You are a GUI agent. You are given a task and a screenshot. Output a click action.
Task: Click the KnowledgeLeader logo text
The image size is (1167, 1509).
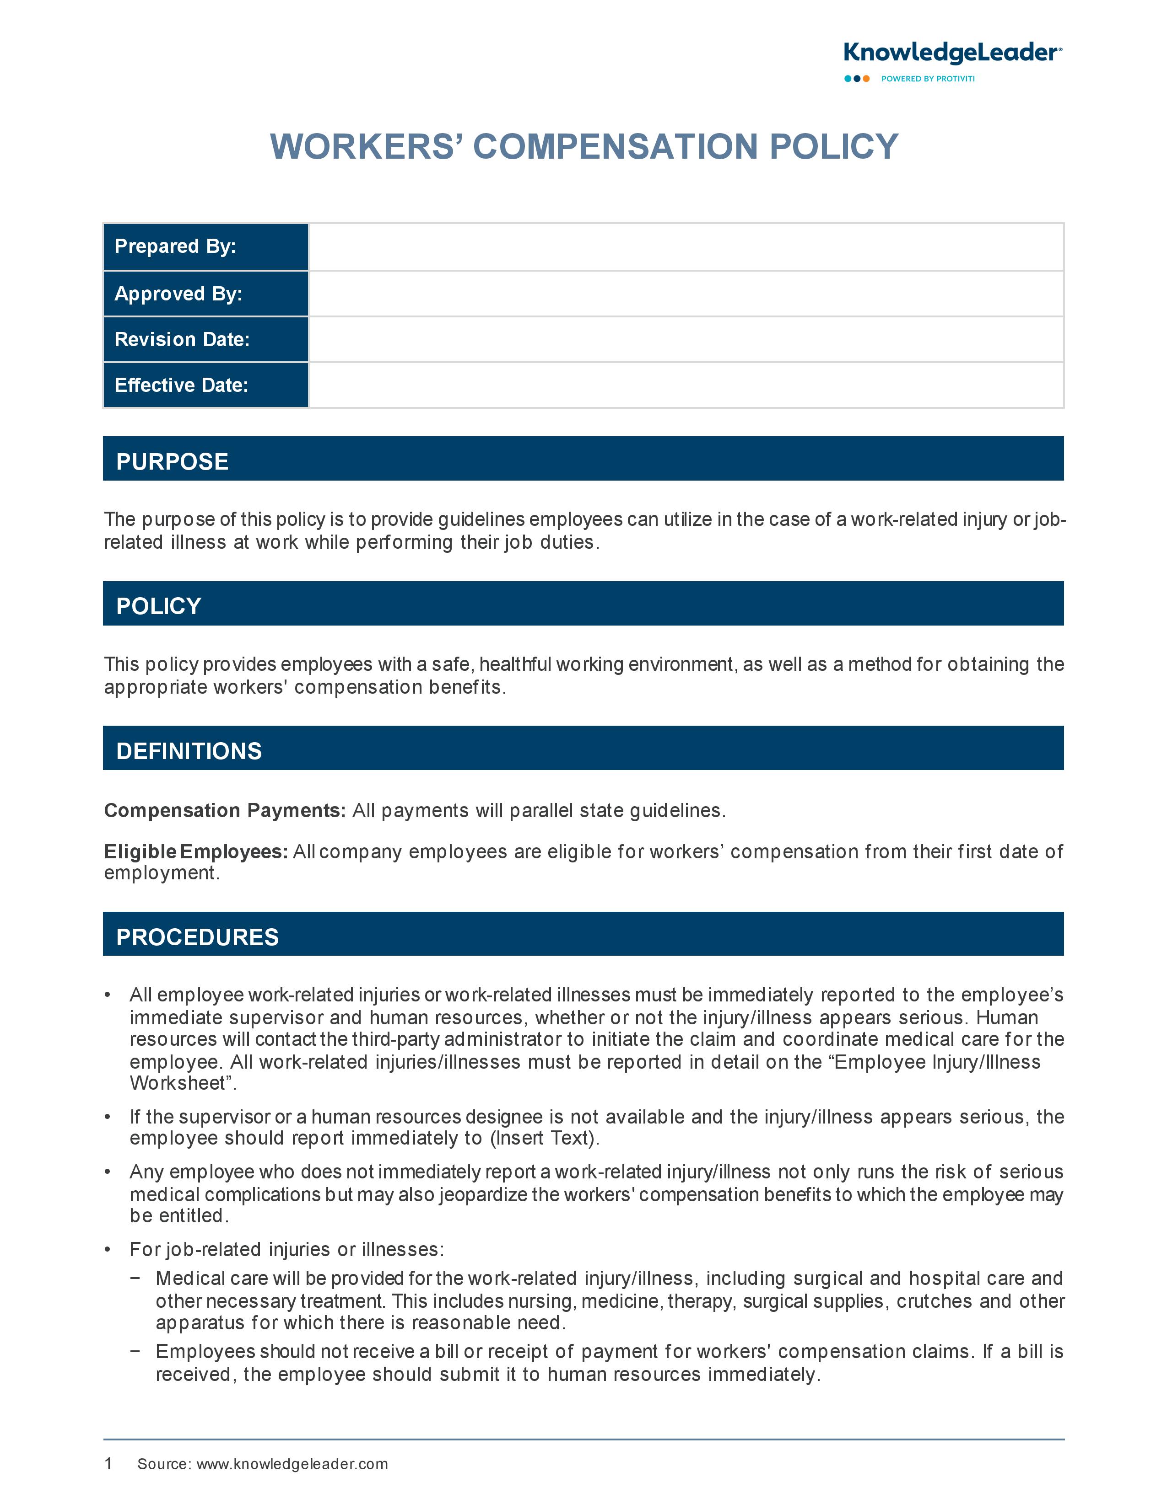pos(952,53)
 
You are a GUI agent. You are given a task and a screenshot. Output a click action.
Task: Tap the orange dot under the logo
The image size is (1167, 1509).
pos(866,79)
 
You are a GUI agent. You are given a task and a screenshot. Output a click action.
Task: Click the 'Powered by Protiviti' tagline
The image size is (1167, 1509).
pos(927,79)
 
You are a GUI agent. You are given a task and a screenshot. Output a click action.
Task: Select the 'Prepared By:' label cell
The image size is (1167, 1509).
pos(205,246)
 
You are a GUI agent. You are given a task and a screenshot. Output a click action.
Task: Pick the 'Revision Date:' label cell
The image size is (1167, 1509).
pos(205,339)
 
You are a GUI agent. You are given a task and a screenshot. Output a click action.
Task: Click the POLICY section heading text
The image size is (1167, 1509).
pos(158,606)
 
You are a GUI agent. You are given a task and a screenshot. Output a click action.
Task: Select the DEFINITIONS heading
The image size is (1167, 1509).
pos(189,751)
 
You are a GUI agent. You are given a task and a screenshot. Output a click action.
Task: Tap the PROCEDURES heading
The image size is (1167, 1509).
pos(197,937)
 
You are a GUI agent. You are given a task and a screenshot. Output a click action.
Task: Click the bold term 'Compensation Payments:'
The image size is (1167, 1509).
pos(225,810)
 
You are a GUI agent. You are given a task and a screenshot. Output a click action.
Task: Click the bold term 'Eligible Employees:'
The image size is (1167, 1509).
pos(196,852)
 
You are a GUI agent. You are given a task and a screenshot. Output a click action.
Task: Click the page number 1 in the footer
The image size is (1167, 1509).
pos(108,1463)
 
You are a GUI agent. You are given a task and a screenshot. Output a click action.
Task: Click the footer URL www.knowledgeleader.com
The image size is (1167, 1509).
pos(292,1464)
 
